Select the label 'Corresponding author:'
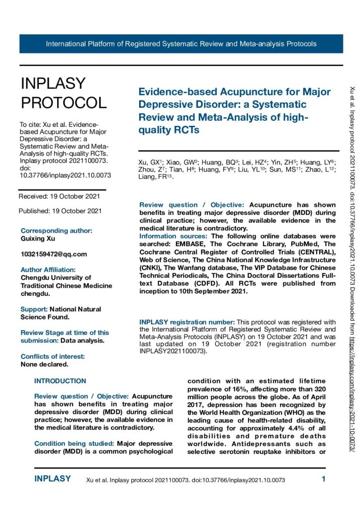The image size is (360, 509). tap(56, 231)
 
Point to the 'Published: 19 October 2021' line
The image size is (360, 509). tap(60, 211)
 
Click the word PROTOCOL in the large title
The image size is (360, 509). tap(63, 102)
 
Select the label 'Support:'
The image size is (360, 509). tap(34, 309)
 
